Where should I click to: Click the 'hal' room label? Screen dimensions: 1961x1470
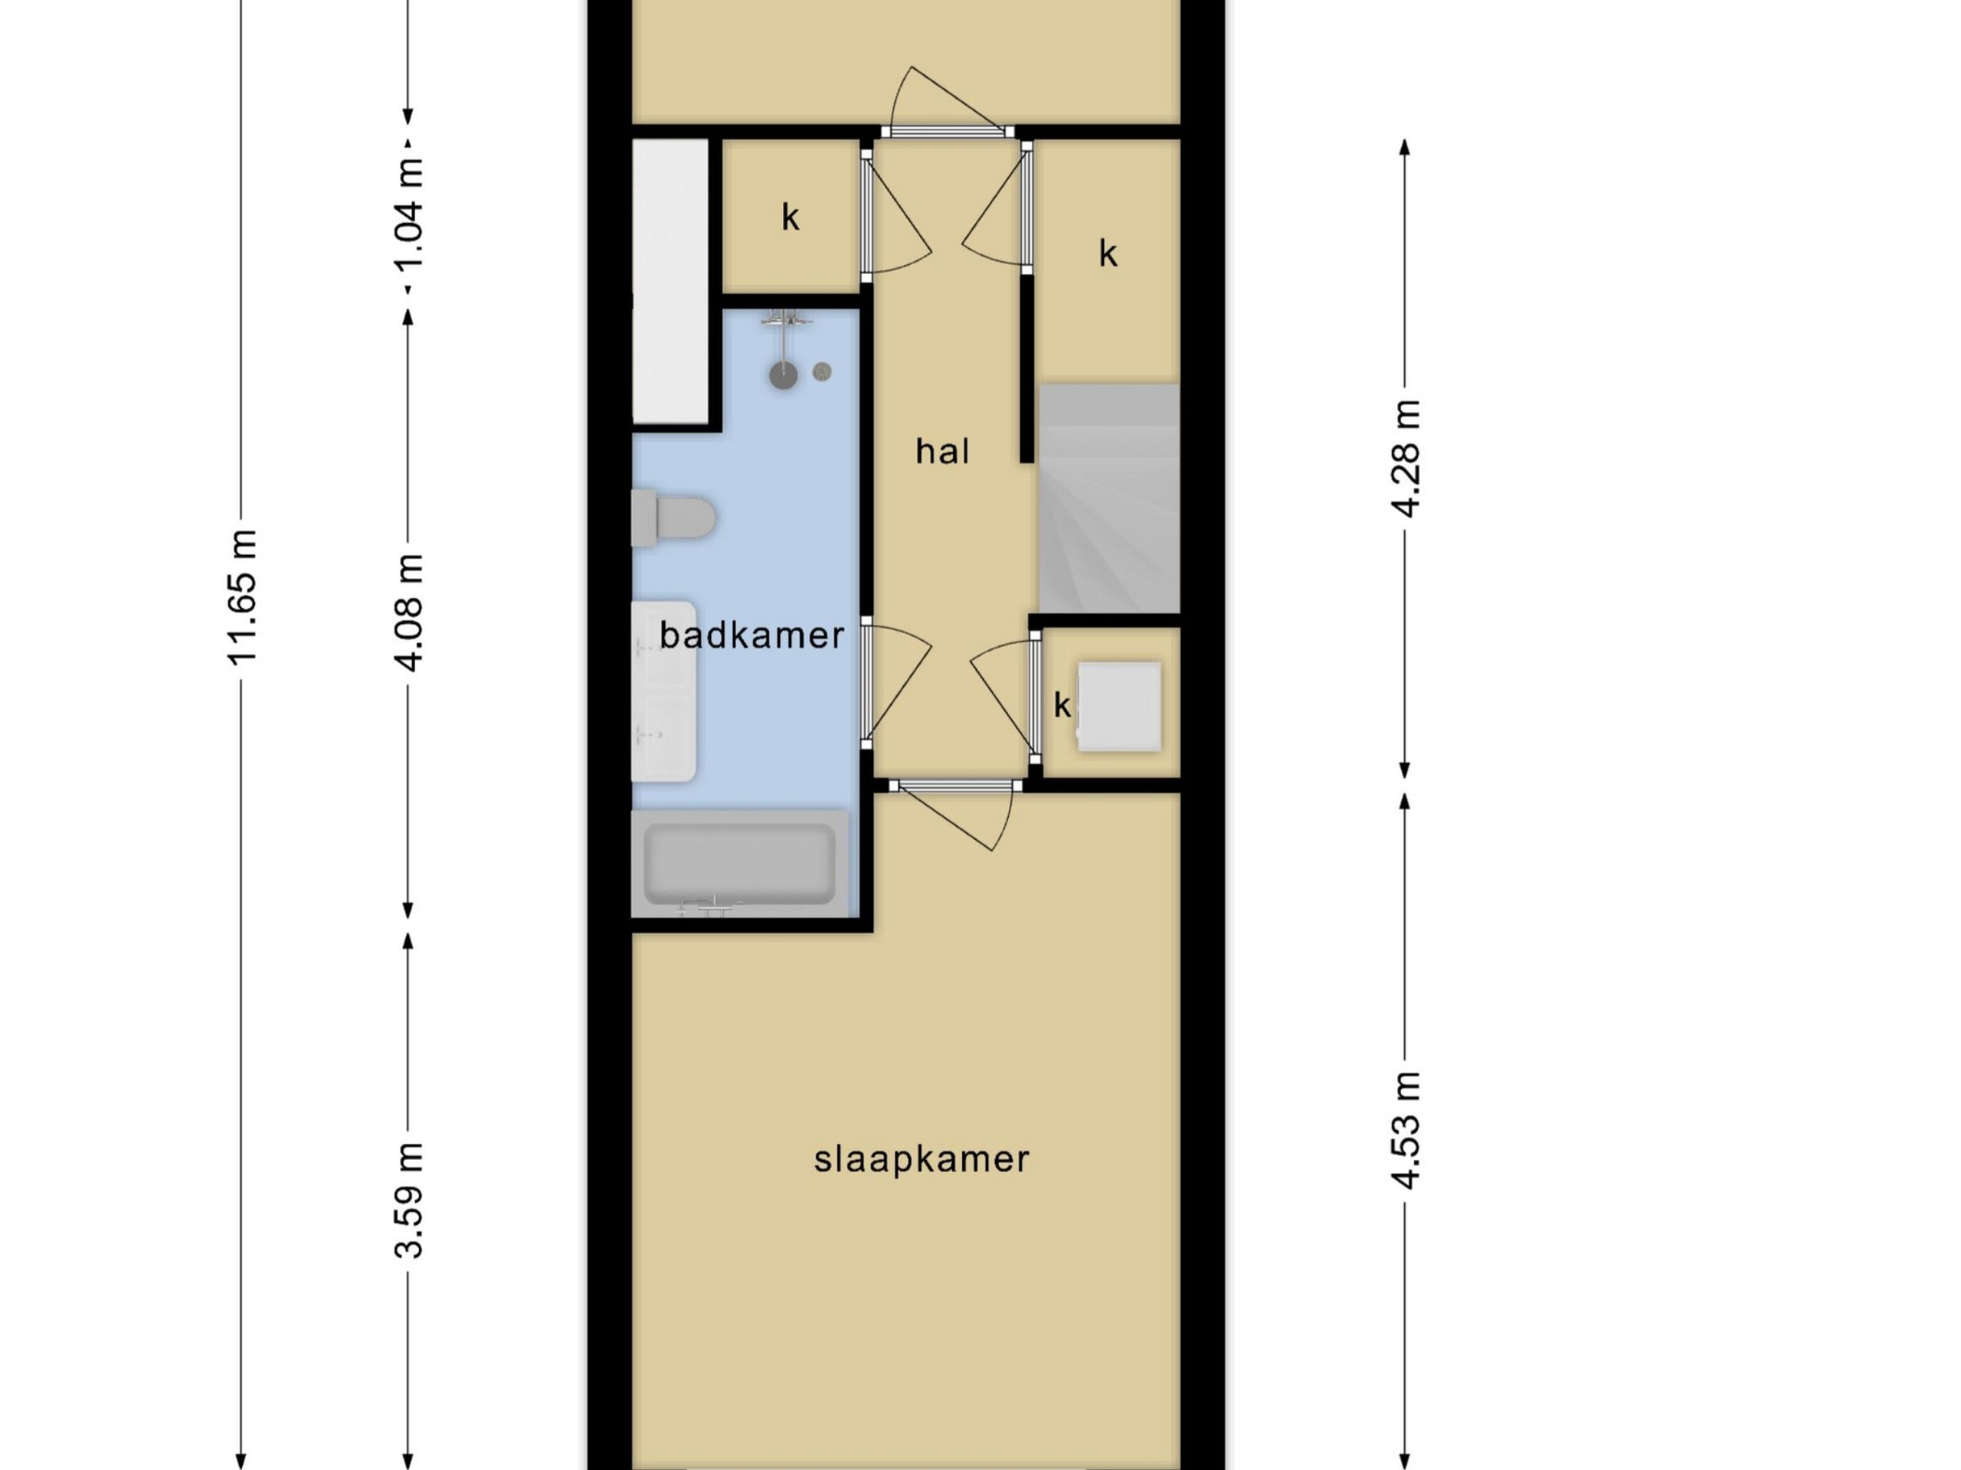pos(941,451)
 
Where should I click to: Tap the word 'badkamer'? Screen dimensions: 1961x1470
pos(751,635)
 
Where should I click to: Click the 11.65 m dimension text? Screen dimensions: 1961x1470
pos(241,596)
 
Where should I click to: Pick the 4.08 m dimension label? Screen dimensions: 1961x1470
pos(409,612)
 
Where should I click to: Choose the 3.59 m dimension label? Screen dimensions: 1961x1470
pos(409,1200)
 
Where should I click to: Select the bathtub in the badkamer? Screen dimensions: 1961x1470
pos(739,863)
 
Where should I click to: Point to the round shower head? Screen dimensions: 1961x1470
pos(783,375)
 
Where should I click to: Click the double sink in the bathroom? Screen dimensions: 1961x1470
pos(663,691)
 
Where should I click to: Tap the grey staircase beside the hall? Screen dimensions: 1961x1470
pos(1109,498)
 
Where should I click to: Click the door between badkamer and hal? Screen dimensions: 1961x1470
pos(895,682)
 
